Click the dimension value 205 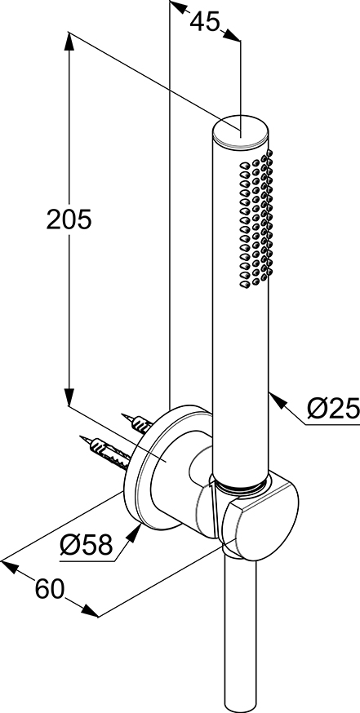pyautogui.click(x=69, y=220)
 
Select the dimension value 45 pyautogui.click(x=205, y=21)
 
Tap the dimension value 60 pyautogui.click(x=50, y=591)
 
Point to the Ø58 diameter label pyautogui.click(x=86, y=544)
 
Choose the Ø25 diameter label pyautogui.click(x=333, y=409)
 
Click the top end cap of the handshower pyautogui.click(x=241, y=132)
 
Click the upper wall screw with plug pyautogui.click(x=136, y=423)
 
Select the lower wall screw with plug pyautogui.click(x=105, y=453)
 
